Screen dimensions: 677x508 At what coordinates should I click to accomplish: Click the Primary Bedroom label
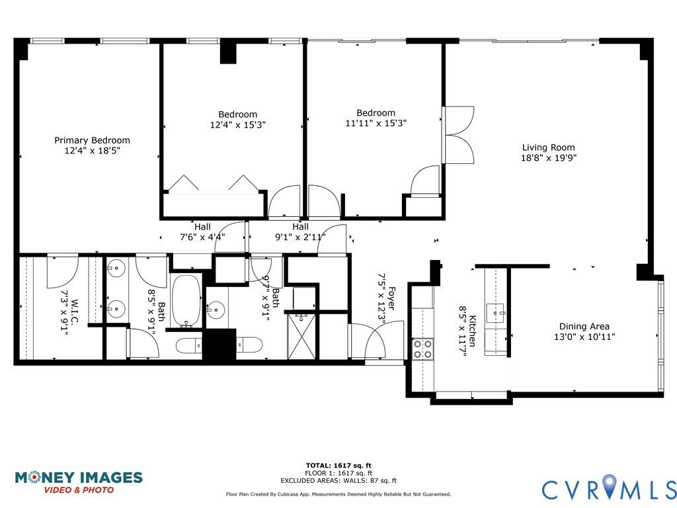pos(92,140)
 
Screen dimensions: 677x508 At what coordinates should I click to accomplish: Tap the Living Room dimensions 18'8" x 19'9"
pos(549,157)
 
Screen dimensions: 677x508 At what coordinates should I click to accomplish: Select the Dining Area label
pos(584,327)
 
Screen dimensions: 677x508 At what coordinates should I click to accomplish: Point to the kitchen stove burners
pos(422,349)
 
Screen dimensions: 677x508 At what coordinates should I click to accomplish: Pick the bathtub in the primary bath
pos(186,301)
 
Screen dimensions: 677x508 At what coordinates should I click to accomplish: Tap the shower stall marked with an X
pos(301,337)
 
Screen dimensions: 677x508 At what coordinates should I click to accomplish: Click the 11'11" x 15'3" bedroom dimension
pos(376,123)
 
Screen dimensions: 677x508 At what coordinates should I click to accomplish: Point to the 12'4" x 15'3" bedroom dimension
pos(238,125)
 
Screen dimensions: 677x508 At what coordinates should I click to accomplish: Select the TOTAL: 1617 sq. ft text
pos(338,465)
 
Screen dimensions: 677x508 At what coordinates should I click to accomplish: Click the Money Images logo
pos(79,482)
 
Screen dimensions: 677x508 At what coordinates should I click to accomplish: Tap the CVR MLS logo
pos(609,487)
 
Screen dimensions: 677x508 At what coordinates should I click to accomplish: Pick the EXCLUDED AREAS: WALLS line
pos(338,480)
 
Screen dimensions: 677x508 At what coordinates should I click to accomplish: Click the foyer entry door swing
pos(384,339)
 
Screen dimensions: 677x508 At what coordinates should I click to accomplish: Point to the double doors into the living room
pos(459,135)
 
